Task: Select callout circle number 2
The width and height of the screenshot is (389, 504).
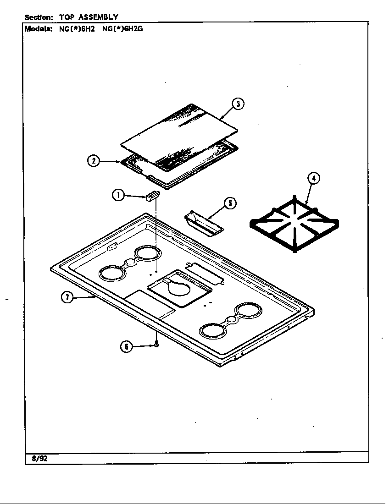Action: [93, 161]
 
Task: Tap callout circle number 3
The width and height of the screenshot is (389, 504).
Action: [237, 104]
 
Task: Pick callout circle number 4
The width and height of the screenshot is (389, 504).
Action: [313, 178]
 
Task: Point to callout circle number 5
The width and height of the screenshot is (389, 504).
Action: [230, 203]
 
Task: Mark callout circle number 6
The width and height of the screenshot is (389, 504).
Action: [127, 347]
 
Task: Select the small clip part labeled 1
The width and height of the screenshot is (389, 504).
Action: [152, 197]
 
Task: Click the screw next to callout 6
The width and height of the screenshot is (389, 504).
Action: [157, 344]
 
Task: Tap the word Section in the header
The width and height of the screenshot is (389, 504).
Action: [39, 17]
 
